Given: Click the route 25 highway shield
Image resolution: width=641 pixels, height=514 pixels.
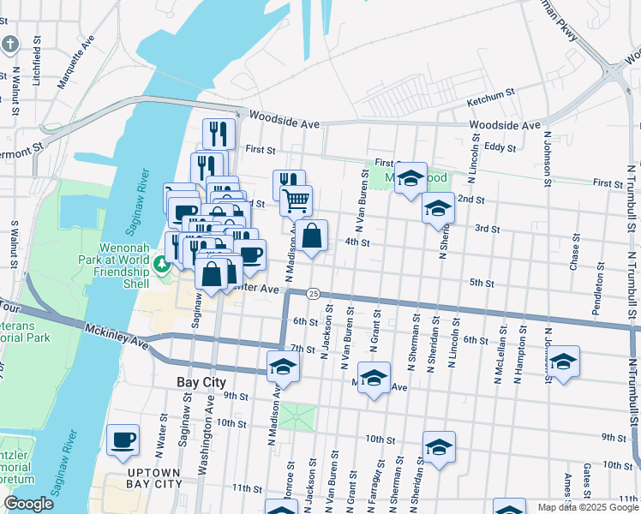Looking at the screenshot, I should (314, 294).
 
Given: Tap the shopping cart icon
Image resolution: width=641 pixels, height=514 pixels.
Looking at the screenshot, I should (296, 200).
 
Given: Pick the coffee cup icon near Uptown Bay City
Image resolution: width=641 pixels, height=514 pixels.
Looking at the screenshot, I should (123, 440).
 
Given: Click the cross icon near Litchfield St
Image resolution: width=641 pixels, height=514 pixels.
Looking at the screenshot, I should (9, 44).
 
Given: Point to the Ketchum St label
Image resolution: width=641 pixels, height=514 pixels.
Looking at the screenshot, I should (490, 102).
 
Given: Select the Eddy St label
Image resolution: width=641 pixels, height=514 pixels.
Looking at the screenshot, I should (500, 147).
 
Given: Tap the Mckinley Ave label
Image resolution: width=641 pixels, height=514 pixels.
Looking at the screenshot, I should (117, 335).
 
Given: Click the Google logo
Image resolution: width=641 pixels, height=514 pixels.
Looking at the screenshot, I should (29, 504).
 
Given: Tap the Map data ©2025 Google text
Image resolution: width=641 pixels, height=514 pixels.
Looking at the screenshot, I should (587, 507).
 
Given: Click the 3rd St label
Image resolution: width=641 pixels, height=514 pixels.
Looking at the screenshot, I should (487, 229).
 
